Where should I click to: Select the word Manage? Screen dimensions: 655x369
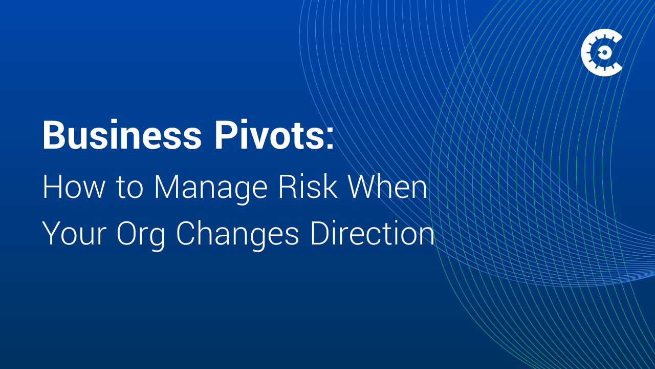click(210, 190)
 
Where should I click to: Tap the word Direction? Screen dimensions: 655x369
click(373, 234)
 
